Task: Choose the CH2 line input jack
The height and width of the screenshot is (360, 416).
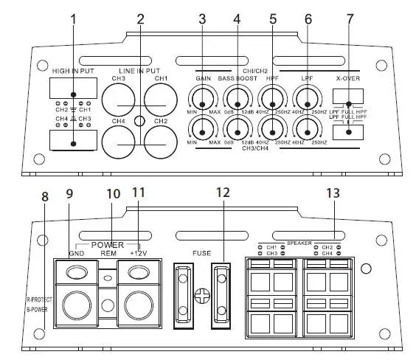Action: click(x=162, y=139)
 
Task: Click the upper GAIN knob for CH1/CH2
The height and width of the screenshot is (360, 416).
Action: click(x=202, y=97)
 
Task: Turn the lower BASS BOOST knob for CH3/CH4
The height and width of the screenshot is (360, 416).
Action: click(x=238, y=130)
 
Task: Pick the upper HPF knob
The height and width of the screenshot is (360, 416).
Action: click(x=272, y=97)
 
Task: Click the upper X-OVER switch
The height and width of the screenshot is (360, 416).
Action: click(x=350, y=97)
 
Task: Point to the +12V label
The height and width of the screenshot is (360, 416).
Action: click(x=140, y=253)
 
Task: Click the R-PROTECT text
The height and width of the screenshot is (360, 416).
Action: click(x=38, y=301)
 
